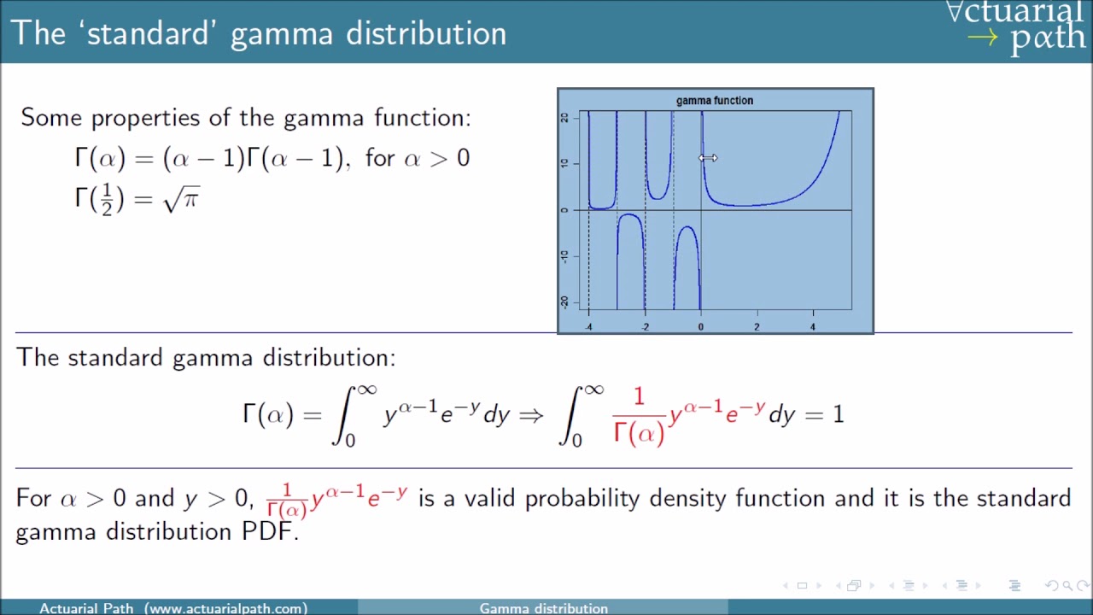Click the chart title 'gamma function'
(715, 101)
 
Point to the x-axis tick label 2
(757, 327)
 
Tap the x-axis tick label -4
(588, 327)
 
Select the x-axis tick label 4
(813, 327)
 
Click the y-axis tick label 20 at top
(564, 118)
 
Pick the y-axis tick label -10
(564, 256)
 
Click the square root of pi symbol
(182, 199)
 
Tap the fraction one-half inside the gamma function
(107, 200)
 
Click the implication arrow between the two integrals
(530, 415)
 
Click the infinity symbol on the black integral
(366, 389)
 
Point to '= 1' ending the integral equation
(826, 415)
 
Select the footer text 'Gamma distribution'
(543, 608)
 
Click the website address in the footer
(225, 608)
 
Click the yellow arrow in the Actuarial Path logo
(982, 38)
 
